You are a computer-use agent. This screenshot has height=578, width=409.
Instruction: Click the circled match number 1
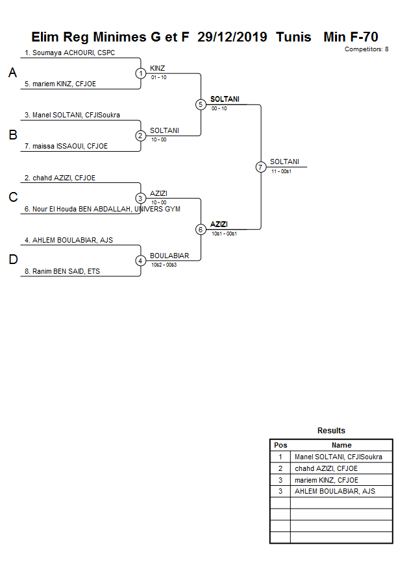point(141,73)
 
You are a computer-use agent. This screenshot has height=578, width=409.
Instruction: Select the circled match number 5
point(201,104)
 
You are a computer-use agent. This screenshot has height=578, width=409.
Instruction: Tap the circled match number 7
point(260,167)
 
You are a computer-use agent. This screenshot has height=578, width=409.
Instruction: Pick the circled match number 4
point(141,260)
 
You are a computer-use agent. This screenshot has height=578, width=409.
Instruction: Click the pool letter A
point(12,73)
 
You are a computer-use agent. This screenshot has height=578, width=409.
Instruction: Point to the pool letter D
point(12,260)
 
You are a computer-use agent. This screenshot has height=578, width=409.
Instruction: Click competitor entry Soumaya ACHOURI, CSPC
point(69,53)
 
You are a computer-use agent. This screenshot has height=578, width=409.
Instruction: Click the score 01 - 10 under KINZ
point(158,77)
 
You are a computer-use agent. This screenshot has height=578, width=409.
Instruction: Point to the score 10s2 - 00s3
point(164,264)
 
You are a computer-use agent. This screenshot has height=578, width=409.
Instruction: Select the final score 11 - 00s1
point(281,171)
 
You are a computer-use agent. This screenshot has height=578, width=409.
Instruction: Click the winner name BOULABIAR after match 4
point(169,256)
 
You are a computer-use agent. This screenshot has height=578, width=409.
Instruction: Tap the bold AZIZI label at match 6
point(219,224)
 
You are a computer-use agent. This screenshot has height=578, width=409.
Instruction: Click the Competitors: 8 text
point(366,49)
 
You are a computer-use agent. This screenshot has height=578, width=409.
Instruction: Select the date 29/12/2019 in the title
point(232,37)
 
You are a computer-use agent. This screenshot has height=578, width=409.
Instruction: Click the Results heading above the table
point(331,431)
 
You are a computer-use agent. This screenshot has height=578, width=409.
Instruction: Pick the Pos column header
point(280,445)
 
